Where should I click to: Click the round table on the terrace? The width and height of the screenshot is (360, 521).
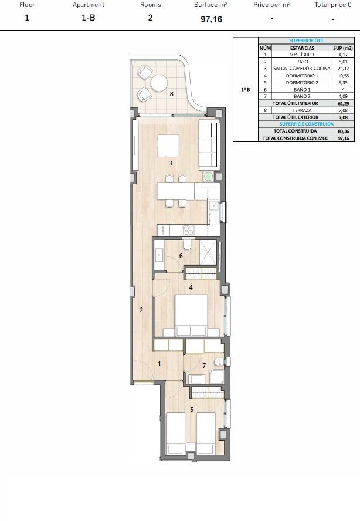coord(159,83)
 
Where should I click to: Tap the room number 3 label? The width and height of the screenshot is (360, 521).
coord(171,163)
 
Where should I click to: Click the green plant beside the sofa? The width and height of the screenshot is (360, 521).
coord(209,177)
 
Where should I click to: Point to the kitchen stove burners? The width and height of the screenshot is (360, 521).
coord(188,230)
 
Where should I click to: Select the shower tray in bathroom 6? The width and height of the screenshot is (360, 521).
coord(208,253)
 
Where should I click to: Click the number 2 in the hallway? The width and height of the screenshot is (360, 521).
coord(141,310)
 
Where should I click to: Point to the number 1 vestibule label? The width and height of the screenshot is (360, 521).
coord(159,364)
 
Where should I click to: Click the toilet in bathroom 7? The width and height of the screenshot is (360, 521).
coord(219,362)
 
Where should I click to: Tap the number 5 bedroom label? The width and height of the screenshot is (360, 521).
coord(192,410)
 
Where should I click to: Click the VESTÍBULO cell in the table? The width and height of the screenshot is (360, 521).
coord(302,55)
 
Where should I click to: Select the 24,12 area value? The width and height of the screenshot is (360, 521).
coord(343,69)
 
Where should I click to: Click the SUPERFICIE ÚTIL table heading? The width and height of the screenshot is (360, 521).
coord(306,40)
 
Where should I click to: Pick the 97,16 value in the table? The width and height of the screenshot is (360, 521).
coord(344,138)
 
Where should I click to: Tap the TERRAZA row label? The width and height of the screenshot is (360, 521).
coord(302,110)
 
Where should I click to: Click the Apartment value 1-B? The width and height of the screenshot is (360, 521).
coord(89,18)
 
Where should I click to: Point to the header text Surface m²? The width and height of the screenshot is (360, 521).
coord(210,5)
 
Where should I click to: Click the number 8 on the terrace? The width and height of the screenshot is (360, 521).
coord(171,94)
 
